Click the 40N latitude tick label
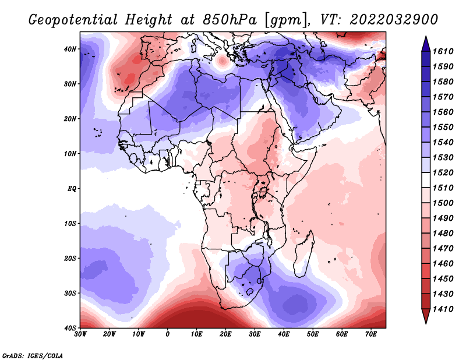tap(70, 49)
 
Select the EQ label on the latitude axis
tap(71, 188)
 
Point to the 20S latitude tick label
tap(70, 258)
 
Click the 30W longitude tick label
tap(80, 334)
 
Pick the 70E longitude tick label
tap(371, 334)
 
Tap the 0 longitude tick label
tap(168, 334)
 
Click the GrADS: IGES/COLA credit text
tap(33, 355)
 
